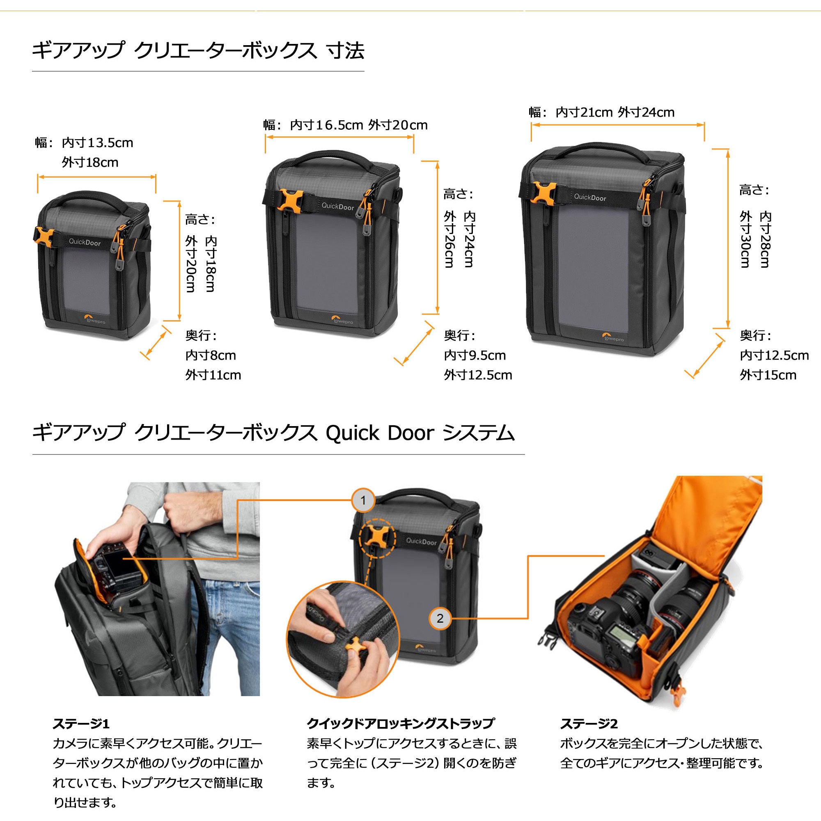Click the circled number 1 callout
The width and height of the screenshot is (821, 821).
(x=363, y=500)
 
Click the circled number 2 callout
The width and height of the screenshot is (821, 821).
(x=440, y=618)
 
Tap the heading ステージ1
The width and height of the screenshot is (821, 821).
(x=81, y=723)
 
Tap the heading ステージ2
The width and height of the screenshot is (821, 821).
(x=589, y=723)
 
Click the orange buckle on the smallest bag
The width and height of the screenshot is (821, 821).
(x=45, y=239)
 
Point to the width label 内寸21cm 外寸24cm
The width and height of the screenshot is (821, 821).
(x=615, y=112)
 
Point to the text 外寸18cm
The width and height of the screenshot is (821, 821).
(x=90, y=162)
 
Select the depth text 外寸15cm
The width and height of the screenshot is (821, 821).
(x=768, y=375)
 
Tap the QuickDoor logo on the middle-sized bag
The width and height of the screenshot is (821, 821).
(x=337, y=206)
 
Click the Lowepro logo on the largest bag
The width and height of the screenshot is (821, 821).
(x=613, y=339)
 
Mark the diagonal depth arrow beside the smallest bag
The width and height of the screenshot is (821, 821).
(x=156, y=343)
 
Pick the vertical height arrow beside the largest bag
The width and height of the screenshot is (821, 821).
(x=727, y=238)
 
